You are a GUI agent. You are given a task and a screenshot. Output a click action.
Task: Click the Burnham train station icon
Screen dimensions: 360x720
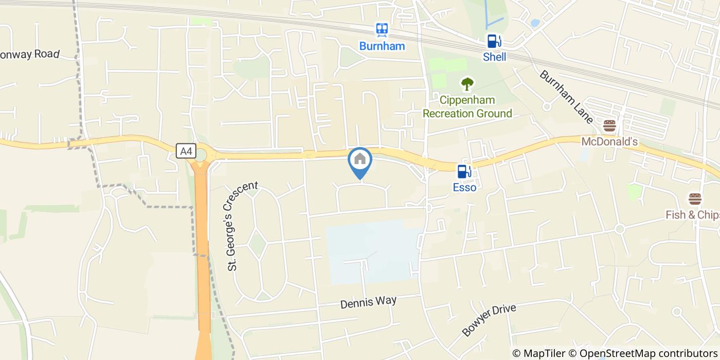pos(382,30)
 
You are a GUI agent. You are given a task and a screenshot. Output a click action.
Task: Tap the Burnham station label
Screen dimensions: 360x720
pos(382,46)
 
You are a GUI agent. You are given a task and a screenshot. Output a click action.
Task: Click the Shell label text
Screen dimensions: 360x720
pos(494,57)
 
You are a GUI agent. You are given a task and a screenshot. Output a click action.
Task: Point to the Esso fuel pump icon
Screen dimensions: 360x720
pos(464,171)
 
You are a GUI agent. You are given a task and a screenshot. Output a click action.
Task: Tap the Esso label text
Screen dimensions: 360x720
pos(464,188)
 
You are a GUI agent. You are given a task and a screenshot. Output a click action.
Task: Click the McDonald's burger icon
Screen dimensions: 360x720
pos(610,125)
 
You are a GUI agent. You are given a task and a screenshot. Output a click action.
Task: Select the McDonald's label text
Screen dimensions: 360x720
pos(610,141)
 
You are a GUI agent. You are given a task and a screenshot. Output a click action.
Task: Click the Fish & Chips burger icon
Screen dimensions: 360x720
pos(695,199)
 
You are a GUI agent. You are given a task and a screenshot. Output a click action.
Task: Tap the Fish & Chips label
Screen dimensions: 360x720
pos(692,215)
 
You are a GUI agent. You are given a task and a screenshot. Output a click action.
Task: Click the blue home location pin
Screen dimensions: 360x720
pos(360,160)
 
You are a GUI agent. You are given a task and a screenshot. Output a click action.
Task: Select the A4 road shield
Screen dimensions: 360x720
pos(186,151)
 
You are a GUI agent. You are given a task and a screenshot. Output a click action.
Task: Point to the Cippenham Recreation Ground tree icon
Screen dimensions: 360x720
pos(467,84)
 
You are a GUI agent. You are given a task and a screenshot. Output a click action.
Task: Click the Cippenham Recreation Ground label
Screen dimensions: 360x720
pos(467,106)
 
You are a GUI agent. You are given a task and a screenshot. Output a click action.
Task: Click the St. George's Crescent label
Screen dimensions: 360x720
pos(242,226)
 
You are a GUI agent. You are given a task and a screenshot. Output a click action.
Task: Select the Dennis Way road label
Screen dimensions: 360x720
pos(368,302)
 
